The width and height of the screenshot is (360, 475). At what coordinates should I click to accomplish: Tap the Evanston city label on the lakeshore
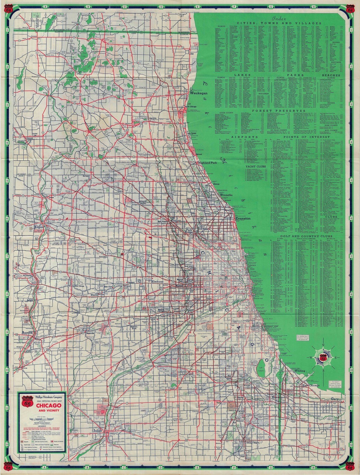coord(242,218)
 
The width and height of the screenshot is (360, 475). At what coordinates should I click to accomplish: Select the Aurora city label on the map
coord(27,333)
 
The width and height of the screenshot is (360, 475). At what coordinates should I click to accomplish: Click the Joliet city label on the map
coord(97,431)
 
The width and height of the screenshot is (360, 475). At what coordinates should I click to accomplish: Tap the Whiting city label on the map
coord(299,370)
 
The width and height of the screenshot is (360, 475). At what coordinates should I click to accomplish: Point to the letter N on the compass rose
coord(323,345)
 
